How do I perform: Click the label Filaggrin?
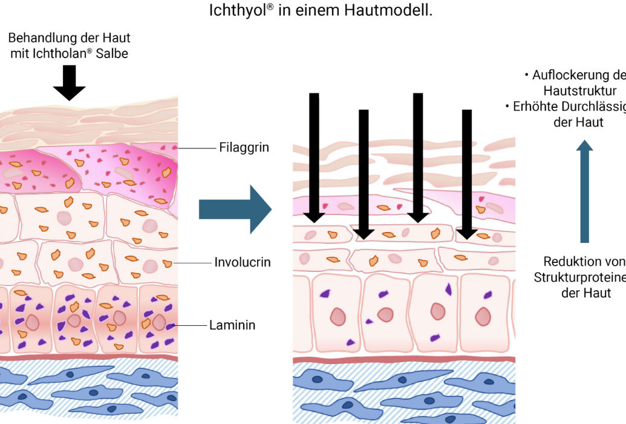coord(244,147)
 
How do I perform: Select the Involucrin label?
coord(242,262)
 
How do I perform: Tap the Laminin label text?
coord(232,325)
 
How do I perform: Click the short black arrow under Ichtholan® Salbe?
coord(70,82)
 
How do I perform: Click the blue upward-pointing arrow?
coord(584,191)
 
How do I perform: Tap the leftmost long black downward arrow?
coord(314,157)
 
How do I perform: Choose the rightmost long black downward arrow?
coord(466,173)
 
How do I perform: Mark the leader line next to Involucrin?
coord(191,263)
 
